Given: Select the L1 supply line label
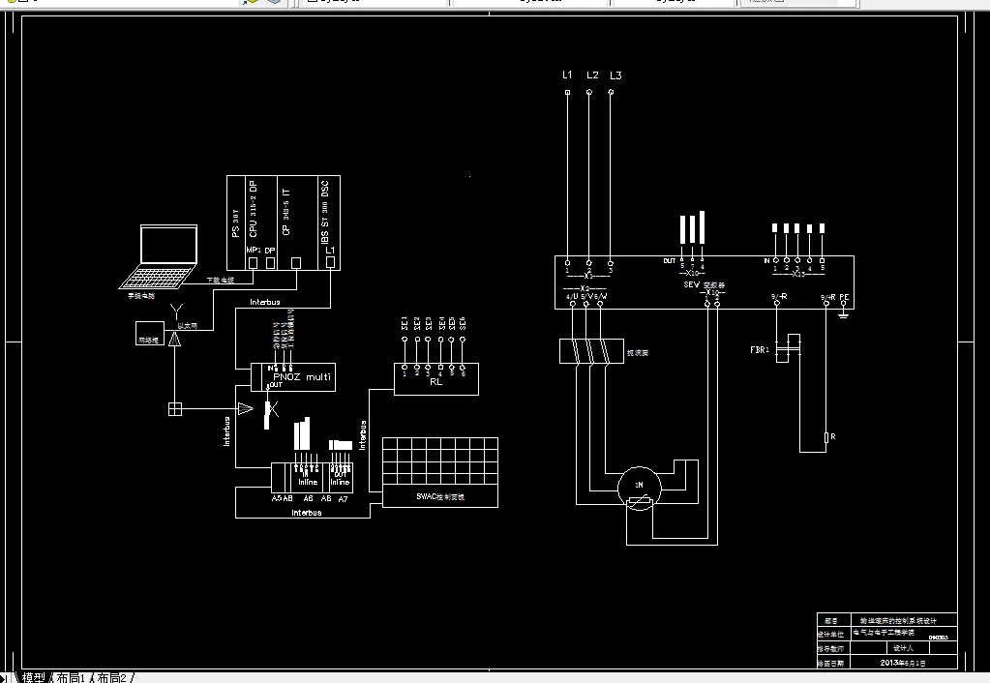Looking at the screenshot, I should [567, 75].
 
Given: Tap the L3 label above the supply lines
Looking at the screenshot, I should [615, 75].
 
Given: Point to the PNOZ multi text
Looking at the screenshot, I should [302, 376].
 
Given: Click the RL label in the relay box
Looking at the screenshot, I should [435, 382].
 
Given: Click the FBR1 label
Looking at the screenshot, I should [760, 348].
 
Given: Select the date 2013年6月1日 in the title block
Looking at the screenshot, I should [903, 663].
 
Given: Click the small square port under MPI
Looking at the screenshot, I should [253, 263].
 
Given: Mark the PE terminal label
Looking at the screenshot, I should [844, 297].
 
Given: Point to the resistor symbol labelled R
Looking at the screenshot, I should [826, 437].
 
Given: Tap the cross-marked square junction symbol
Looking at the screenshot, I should [175, 409].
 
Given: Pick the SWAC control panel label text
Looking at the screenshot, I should [440, 496].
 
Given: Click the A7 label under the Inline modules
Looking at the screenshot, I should [343, 497].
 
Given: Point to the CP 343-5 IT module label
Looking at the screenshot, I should [285, 213].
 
